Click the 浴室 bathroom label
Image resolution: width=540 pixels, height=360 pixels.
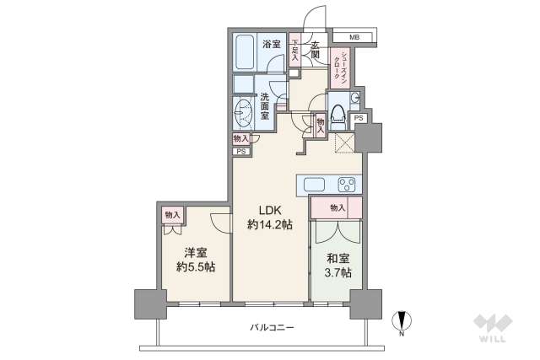point(271,44)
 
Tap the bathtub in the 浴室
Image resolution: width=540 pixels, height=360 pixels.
point(246,52)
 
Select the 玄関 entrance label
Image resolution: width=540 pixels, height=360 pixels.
point(316,50)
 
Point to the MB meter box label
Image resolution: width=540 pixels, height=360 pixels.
point(354,38)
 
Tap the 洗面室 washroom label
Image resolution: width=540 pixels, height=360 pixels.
point(265,105)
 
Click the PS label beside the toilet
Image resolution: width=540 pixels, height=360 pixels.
point(359,118)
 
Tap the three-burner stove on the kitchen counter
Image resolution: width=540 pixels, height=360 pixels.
point(346,184)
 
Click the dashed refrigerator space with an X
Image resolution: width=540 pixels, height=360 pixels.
point(346,142)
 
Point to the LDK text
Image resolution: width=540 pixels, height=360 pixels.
point(269,210)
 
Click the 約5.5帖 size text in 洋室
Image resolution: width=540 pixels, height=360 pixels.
point(196,267)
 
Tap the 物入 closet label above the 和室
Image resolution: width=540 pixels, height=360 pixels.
point(337,207)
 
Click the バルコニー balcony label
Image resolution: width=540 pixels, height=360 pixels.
point(272,327)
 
